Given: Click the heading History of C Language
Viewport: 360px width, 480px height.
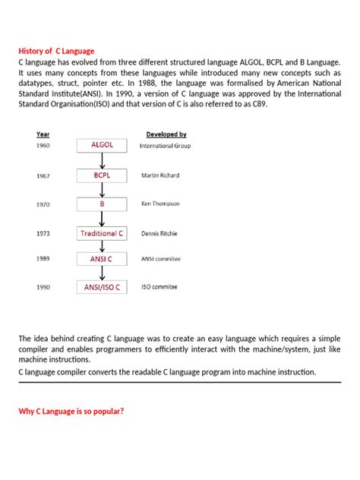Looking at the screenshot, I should coord(56,51).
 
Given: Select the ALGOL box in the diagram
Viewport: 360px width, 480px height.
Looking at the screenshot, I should coord(102,144).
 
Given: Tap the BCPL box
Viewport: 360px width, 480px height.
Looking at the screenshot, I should coord(102,175).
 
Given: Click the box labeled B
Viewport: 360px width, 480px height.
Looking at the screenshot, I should coord(102,204).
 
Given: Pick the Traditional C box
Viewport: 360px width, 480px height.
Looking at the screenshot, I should coord(102,233).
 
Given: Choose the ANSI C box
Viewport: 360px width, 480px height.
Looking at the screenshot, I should coord(102,259).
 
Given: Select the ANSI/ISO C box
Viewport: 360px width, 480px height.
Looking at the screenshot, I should coord(102,288).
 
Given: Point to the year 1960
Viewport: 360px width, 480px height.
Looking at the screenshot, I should coord(43,145).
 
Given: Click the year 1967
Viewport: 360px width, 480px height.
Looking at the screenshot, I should coord(43,175).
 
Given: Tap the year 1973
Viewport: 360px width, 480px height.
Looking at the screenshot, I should coord(43,234).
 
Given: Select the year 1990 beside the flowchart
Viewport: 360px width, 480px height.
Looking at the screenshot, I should coord(43,288).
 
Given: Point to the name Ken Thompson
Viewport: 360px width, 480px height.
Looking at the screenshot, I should coord(160,204).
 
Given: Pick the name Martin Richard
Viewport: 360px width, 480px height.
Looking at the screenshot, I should coord(160,175).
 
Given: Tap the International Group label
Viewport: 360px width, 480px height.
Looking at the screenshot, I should coord(165,145).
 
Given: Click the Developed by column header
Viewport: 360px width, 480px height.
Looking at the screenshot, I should coord(166,134).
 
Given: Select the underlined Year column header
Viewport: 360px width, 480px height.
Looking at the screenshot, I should coord(43,134).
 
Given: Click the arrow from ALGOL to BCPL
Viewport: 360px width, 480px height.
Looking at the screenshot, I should coord(102,160).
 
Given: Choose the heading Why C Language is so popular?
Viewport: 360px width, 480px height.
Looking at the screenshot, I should coord(71,411).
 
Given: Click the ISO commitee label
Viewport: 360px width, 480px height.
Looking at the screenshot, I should coord(159,288).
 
